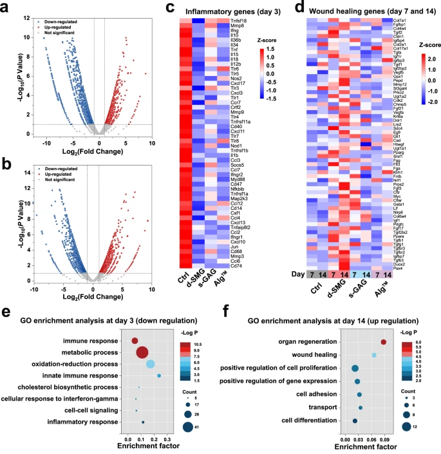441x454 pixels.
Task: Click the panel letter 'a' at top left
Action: (6, 7)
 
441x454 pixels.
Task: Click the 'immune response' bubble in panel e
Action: (135, 341)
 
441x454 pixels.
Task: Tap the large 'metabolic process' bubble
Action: (143, 354)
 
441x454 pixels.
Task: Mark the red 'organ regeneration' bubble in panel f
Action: (384, 342)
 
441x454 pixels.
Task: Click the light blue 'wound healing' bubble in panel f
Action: (374, 355)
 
